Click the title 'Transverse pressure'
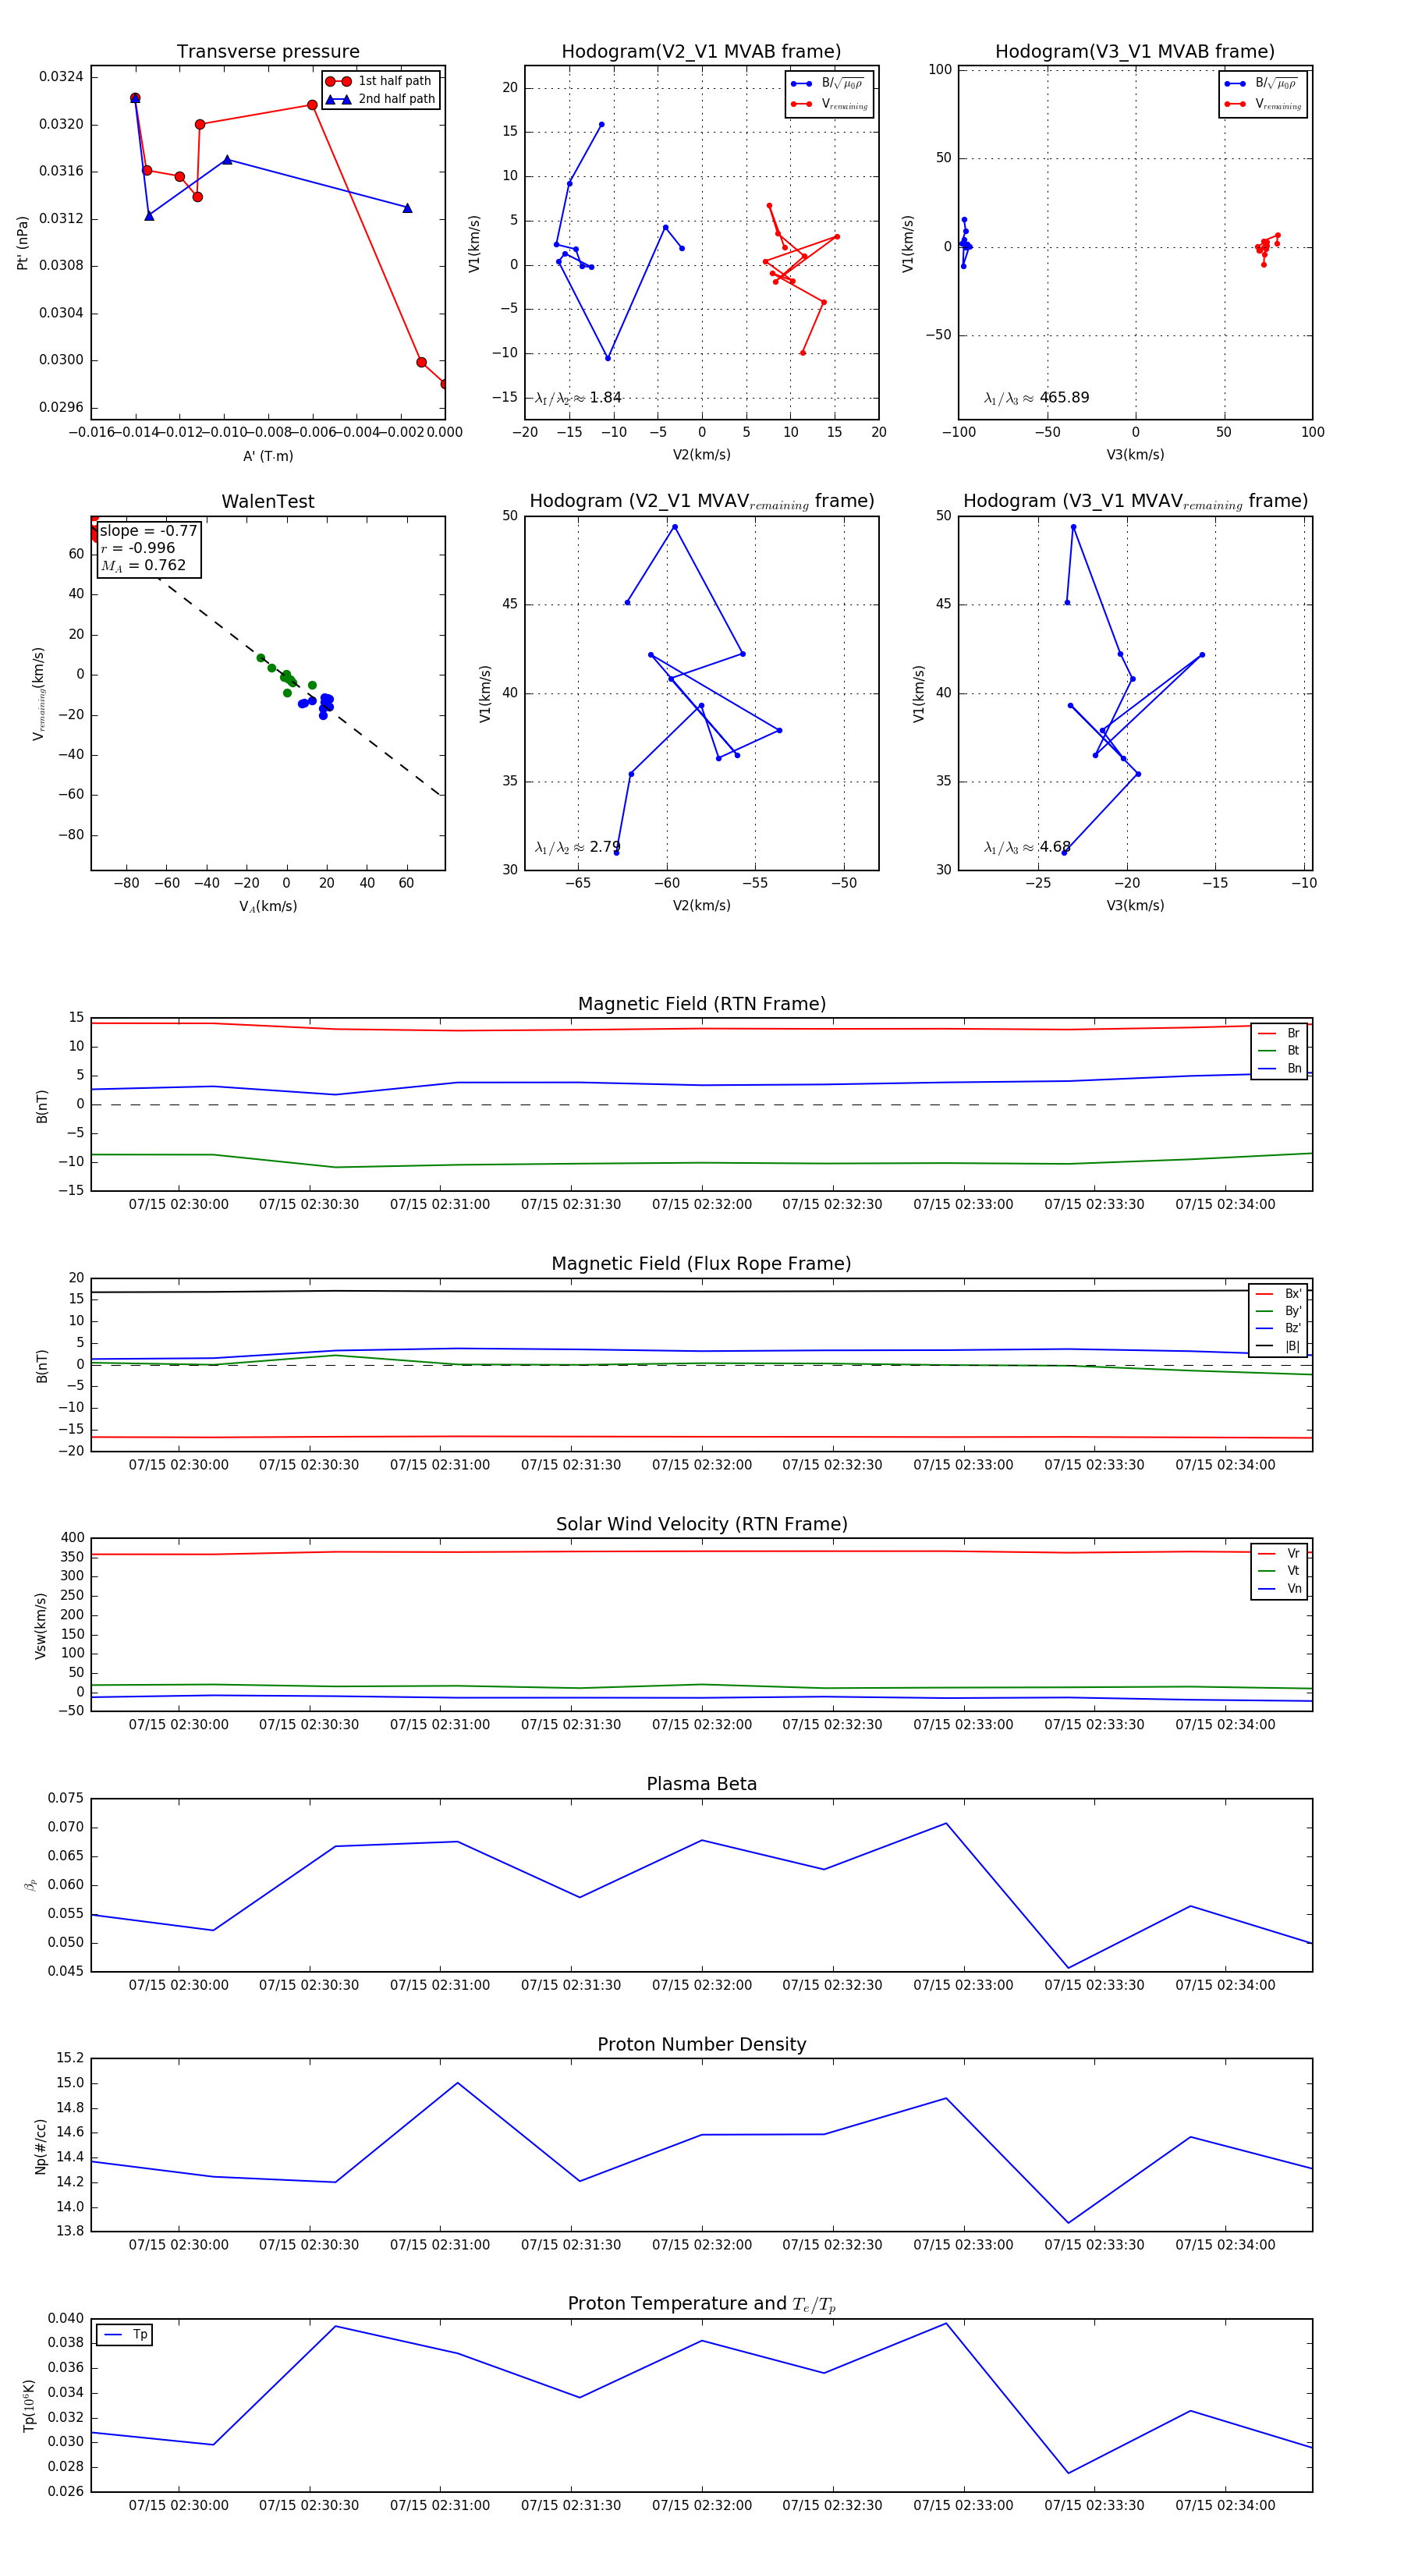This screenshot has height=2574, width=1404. coord(268,52)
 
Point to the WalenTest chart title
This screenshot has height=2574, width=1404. coord(268,502)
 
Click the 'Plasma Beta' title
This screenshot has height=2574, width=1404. coord(701,1784)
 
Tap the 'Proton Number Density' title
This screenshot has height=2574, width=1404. coord(701,2044)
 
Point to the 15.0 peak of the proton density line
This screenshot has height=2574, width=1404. coord(458,2083)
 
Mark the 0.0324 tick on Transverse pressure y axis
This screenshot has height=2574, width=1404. coord(61,77)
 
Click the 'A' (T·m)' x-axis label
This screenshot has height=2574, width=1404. coord(268,456)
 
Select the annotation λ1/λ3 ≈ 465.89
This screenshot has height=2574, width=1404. coord(1037,398)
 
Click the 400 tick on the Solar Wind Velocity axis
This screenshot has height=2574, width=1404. coord(72,1538)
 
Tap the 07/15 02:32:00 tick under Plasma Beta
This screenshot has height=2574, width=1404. coord(701,1985)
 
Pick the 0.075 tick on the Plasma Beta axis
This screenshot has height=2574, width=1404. coord(66,1798)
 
